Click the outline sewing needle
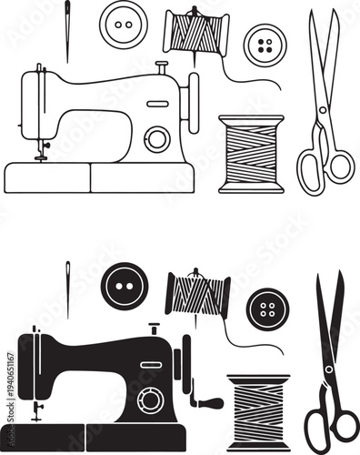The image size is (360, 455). coord(67,32)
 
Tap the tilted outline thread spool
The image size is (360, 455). coord(195,33)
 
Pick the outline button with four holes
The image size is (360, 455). coord(265,45)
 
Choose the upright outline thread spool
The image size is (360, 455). coord(251,154)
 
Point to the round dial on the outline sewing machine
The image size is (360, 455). coord(157,138)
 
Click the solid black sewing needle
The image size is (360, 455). coord(67,289)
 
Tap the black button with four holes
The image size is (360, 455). coord(266,309)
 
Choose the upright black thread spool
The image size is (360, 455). coord(258,409)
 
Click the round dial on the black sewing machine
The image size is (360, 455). coord(150,399)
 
